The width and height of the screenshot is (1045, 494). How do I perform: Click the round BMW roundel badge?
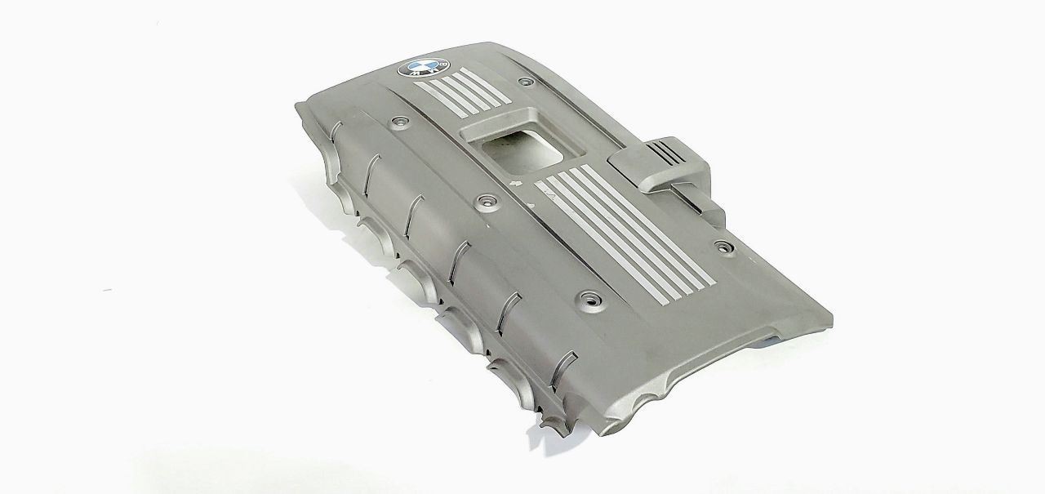coord(424,68)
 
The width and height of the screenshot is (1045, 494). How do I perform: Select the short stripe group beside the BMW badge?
coord(463,91)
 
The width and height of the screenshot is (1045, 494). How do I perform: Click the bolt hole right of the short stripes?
coord(527,82)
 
